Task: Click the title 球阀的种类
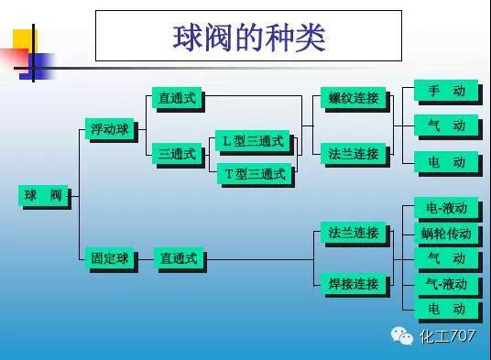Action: tap(248, 36)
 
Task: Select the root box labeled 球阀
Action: tap(43, 195)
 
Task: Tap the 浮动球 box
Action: tap(109, 129)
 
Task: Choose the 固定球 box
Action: tap(109, 259)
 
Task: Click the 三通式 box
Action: tap(177, 154)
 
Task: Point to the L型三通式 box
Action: tap(253, 141)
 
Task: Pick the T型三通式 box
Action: tap(253, 172)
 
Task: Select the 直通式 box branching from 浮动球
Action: tap(177, 98)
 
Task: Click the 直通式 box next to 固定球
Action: tap(178, 259)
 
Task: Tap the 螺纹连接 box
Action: tap(353, 98)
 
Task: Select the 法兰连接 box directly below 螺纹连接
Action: tap(353, 154)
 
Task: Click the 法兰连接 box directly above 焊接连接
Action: tap(353, 233)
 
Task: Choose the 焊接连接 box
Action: tap(353, 284)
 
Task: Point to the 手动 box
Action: tap(445, 91)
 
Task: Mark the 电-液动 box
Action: tap(445, 208)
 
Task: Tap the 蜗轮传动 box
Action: tap(445, 234)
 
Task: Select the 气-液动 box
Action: tap(445, 284)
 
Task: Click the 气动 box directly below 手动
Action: tap(445, 125)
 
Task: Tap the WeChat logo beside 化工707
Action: tap(403, 336)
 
